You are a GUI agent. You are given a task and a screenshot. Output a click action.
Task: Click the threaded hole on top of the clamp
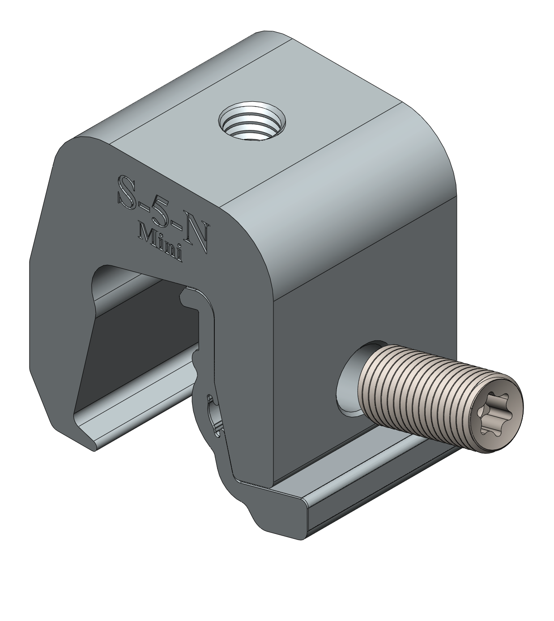click(x=252, y=122)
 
